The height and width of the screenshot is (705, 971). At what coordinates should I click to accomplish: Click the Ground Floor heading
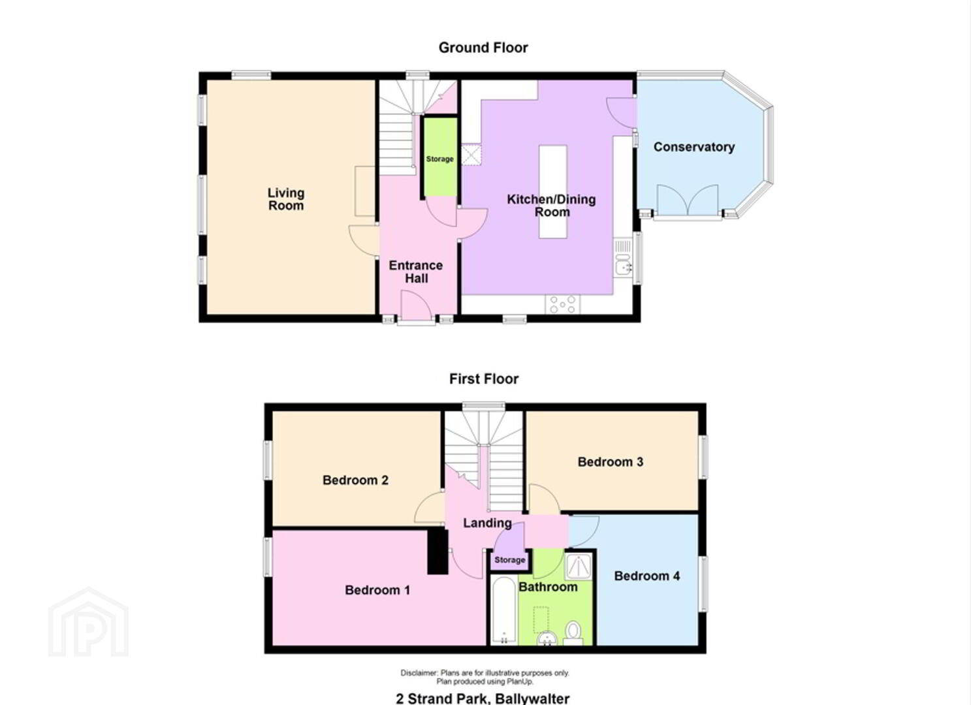483,48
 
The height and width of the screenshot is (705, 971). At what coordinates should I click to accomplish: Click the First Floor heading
484,379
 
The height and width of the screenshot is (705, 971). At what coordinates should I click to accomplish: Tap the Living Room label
285,199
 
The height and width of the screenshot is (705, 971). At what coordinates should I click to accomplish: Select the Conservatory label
694,148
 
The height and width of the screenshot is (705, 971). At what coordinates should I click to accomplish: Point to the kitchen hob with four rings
562,304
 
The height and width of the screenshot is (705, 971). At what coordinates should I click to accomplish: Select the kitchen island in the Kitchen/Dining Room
552,191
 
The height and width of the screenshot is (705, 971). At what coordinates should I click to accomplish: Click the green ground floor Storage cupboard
440,157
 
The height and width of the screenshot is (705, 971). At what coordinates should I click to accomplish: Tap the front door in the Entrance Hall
416,307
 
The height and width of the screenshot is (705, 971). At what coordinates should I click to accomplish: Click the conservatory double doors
688,200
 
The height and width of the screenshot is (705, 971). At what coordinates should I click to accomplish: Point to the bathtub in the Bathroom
505,610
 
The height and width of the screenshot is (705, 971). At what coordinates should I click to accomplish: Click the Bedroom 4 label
646,576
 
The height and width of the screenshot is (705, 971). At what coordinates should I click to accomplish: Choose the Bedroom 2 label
355,480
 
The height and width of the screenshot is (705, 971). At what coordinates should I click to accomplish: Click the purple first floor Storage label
510,560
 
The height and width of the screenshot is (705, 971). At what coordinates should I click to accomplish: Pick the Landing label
487,524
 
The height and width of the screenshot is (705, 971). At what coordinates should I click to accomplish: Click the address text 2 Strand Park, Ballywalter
483,698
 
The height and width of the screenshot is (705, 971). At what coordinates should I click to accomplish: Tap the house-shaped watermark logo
88,622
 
